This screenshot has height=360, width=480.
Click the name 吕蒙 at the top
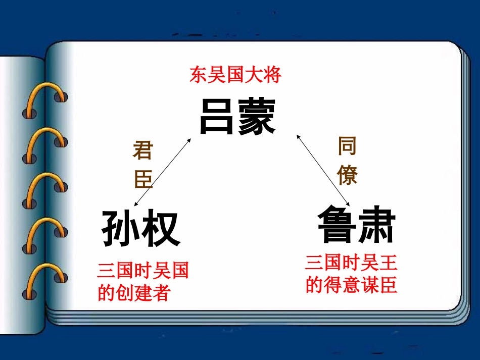click(x=237, y=117)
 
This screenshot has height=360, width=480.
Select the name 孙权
click(x=141, y=229)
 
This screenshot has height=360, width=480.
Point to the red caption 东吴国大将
click(x=235, y=76)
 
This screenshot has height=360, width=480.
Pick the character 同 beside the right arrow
click(x=347, y=146)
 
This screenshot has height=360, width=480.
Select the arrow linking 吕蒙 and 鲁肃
click(x=322, y=168)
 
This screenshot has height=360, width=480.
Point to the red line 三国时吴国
click(x=143, y=271)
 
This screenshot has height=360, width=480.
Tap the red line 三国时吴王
click(x=351, y=263)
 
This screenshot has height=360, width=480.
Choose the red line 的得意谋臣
click(x=351, y=285)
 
